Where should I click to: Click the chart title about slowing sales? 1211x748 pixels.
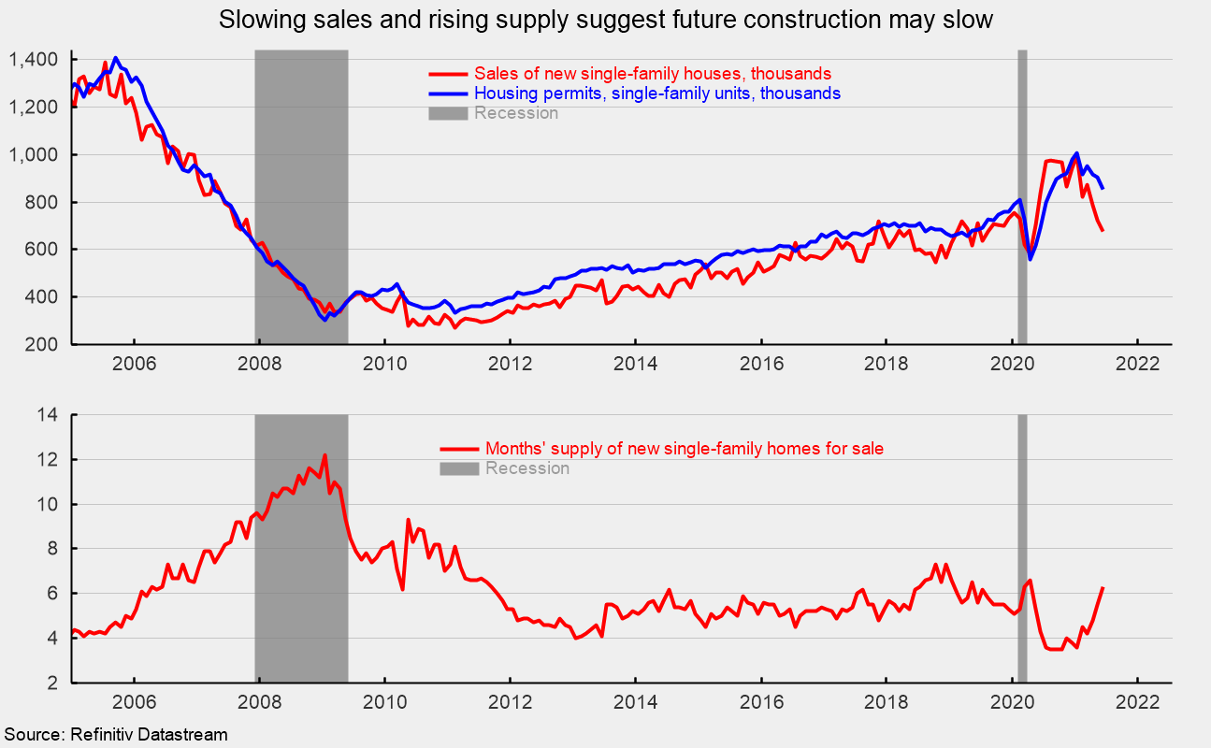click(x=605, y=20)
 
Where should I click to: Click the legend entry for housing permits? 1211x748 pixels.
click(x=657, y=93)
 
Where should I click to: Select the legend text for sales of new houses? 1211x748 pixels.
click(x=653, y=74)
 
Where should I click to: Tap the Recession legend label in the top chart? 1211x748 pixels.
click(x=516, y=113)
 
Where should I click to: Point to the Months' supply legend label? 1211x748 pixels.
click(x=684, y=449)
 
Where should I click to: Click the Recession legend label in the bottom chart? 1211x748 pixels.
click(x=526, y=468)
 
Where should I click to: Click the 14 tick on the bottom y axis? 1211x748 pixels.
click(x=49, y=415)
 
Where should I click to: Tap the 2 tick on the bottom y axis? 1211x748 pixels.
click(x=54, y=683)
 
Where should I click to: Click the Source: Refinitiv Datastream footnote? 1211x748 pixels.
click(x=114, y=736)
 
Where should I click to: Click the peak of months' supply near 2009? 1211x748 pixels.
click(x=324, y=455)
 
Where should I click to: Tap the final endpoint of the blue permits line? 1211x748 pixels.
click(x=1103, y=188)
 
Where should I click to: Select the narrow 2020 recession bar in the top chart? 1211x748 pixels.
click(x=1022, y=196)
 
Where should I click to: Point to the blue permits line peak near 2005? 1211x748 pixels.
click(x=115, y=58)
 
